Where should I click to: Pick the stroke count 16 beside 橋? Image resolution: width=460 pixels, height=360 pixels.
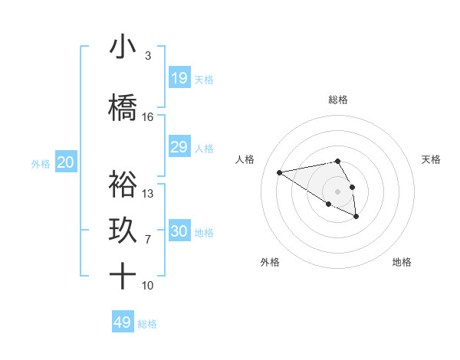pyautogui.click(x=148, y=117)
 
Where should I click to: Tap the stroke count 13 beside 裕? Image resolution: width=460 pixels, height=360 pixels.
pyautogui.click(x=148, y=194)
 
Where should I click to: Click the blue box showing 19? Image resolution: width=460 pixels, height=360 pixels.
pyautogui.click(x=179, y=77)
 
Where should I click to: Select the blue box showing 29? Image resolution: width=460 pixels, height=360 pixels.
pyautogui.click(x=179, y=147)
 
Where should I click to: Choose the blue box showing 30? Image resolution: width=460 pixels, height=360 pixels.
pyautogui.click(x=179, y=231)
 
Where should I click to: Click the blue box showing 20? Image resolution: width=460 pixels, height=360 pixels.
pyautogui.click(x=66, y=162)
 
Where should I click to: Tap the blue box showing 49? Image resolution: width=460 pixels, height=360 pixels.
pyautogui.click(x=123, y=322)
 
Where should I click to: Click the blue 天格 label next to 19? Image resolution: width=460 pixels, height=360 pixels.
pyautogui.click(x=204, y=79)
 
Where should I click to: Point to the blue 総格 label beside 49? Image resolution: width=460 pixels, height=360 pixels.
pyautogui.click(x=147, y=324)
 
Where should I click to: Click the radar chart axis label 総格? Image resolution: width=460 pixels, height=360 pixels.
pyautogui.click(x=338, y=100)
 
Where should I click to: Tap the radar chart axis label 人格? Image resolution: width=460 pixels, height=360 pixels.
pyautogui.click(x=245, y=159)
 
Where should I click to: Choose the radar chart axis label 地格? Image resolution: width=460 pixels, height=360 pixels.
pyautogui.click(x=402, y=262)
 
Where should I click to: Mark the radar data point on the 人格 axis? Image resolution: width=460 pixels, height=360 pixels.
pyautogui.click(x=280, y=172)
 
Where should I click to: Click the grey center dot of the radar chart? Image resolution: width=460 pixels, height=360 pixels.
pyautogui.click(x=338, y=191)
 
